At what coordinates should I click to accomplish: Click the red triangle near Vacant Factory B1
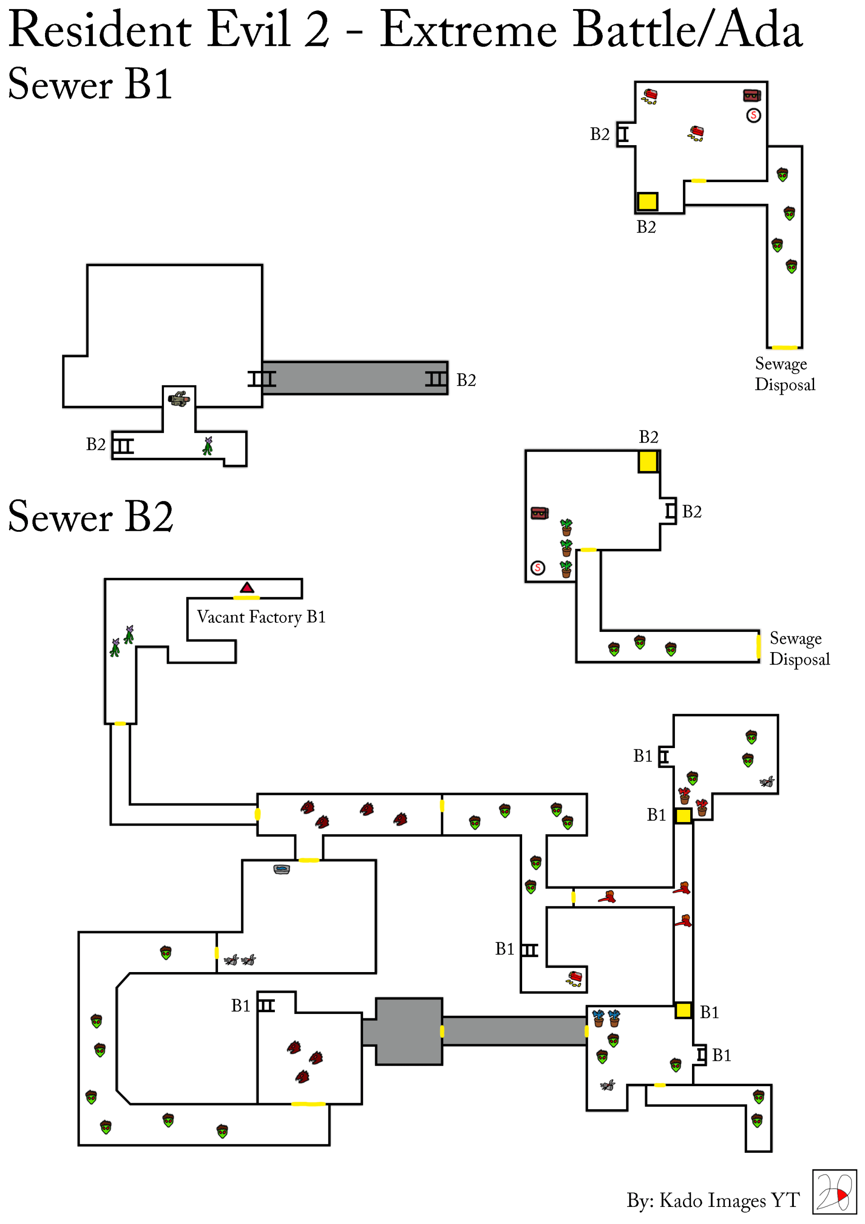pyautogui.click(x=247, y=588)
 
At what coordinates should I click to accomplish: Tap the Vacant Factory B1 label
pyautogui.click(x=261, y=617)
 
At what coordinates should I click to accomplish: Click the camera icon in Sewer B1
pyautogui.click(x=179, y=399)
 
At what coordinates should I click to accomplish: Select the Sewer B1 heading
pyautogui.click(x=90, y=84)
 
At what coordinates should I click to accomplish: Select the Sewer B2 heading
pyautogui.click(x=91, y=516)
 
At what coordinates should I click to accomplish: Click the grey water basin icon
pyautogui.click(x=282, y=869)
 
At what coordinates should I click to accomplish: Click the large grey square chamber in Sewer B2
pyautogui.click(x=409, y=1032)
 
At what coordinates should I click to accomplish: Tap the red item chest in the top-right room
pyautogui.click(x=751, y=96)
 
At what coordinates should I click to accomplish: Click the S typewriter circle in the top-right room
pyautogui.click(x=753, y=115)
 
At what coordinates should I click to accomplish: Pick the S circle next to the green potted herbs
pyautogui.click(x=538, y=568)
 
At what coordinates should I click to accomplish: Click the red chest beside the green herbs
pyautogui.click(x=539, y=513)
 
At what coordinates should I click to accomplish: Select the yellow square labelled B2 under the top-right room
pyautogui.click(x=647, y=201)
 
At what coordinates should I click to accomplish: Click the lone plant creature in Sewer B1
pyautogui.click(x=208, y=446)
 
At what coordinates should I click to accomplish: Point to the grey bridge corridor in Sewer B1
pyautogui.click(x=355, y=378)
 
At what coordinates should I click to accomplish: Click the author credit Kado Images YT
pyautogui.click(x=713, y=1200)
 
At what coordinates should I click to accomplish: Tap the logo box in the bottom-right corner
pyautogui.click(x=834, y=1192)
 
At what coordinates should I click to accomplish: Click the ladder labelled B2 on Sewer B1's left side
pyautogui.click(x=123, y=446)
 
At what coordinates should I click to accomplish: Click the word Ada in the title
pyautogui.click(x=759, y=30)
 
